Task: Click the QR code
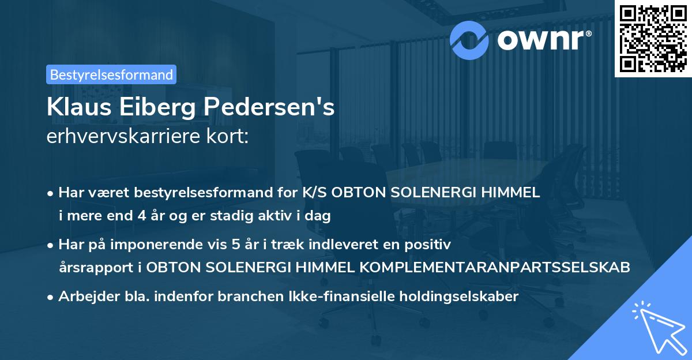coord(653,39)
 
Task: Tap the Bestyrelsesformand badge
coord(111,74)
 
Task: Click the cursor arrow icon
coord(659,326)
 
